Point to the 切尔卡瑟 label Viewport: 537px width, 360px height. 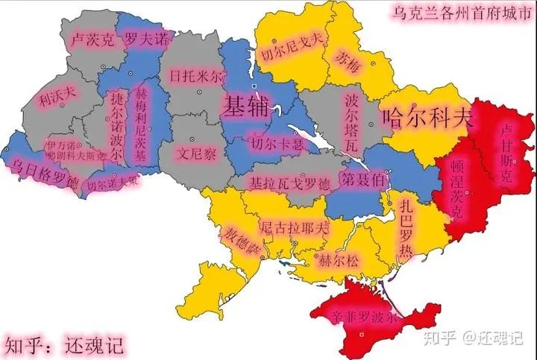pyautogui.click(x=277, y=143)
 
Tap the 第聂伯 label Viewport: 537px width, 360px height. pyautogui.click(x=362, y=179)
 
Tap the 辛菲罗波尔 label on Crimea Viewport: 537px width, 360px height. pyautogui.click(x=363, y=316)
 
